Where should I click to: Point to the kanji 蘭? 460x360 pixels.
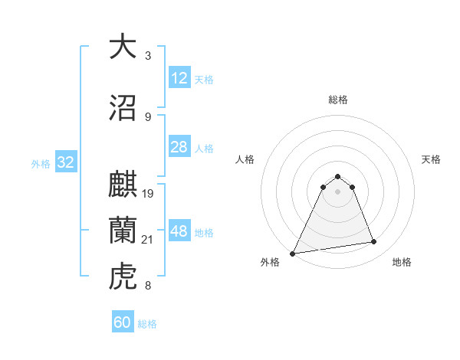click(x=123, y=229)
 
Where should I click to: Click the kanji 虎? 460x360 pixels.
click(x=123, y=275)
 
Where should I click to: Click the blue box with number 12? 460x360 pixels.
click(x=179, y=78)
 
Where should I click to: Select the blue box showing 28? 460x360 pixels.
click(x=179, y=147)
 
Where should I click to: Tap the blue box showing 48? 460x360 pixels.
click(x=179, y=231)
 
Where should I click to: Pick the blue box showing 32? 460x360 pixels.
click(x=64, y=163)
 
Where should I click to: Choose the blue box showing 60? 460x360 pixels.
click(x=123, y=322)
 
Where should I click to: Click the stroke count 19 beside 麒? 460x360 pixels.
click(x=149, y=193)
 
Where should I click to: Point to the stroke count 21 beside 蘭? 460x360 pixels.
click(x=149, y=240)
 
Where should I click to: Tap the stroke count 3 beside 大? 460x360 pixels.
click(x=148, y=55)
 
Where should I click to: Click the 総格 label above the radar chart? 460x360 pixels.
click(x=337, y=100)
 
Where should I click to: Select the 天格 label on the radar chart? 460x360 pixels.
click(x=432, y=159)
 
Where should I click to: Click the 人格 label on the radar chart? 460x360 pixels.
click(x=245, y=159)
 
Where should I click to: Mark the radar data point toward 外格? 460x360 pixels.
click(x=293, y=253)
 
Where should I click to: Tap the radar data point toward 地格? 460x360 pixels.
click(x=374, y=242)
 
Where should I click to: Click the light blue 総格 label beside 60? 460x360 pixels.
click(x=147, y=324)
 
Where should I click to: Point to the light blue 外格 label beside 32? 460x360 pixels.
click(x=40, y=164)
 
